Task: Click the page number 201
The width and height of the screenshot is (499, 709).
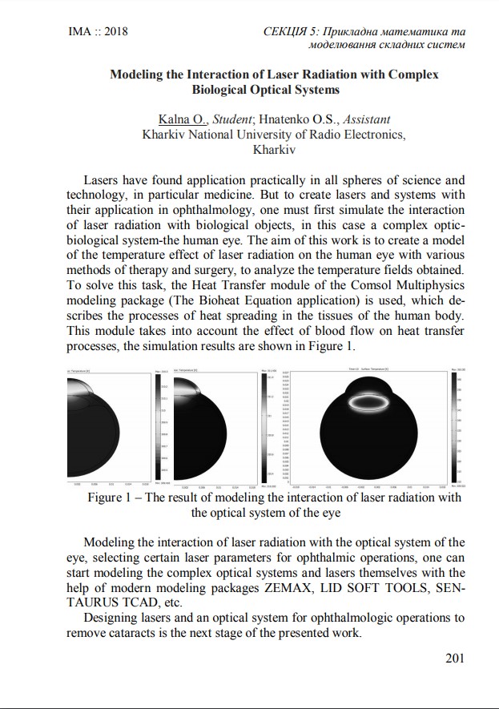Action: (454, 659)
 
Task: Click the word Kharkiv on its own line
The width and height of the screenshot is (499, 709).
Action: (274, 149)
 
